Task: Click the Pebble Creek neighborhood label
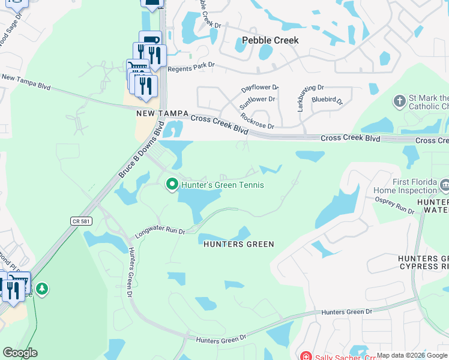tap(270, 41)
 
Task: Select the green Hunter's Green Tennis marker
tap(172, 184)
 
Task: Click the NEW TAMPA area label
tap(163, 113)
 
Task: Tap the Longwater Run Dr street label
tap(160, 230)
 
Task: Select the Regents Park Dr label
tap(191, 69)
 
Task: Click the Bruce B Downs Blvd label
tap(141, 150)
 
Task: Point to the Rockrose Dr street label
tap(257, 121)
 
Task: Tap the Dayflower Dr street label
tap(260, 88)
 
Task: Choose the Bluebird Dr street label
tap(327, 101)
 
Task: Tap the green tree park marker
tap(42, 290)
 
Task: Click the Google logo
tap(20, 353)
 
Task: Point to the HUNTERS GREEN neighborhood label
tap(238, 244)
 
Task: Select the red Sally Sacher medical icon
tap(306, 356)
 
